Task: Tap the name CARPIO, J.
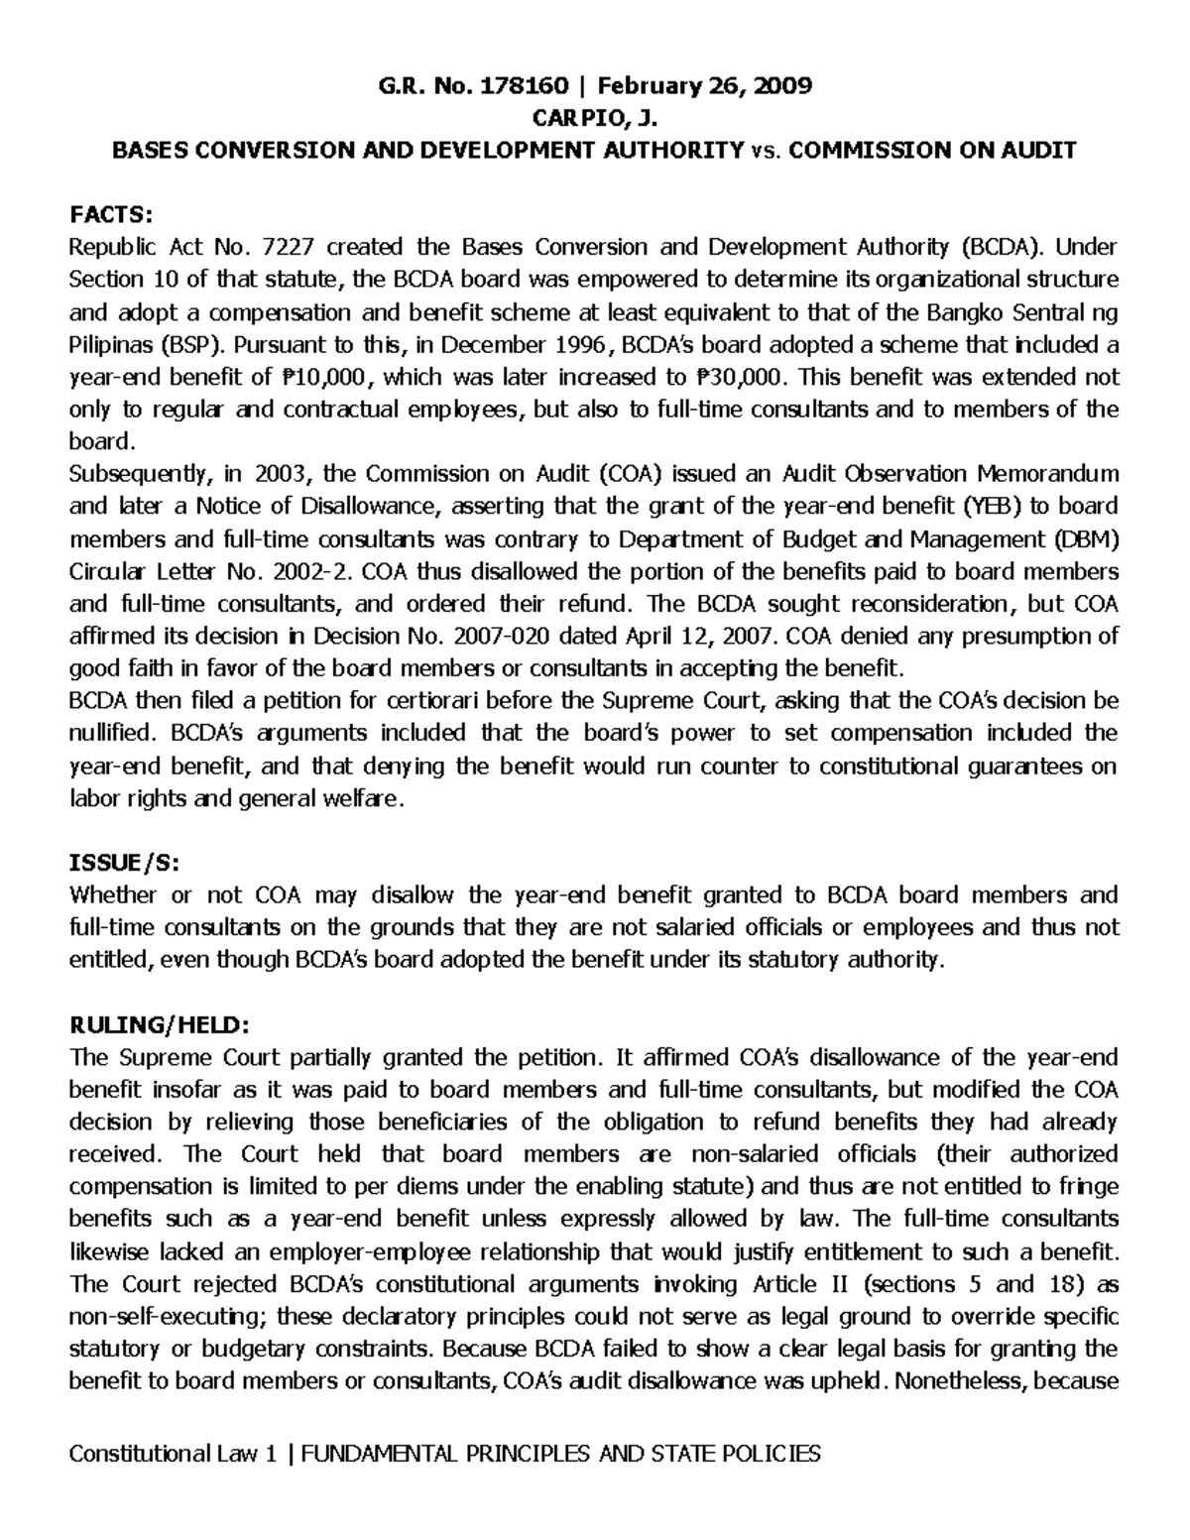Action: click(x=595, y=119)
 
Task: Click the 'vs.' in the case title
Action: click(x=765, y=152)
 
